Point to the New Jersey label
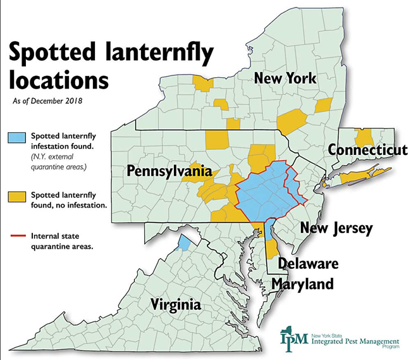tap(336, 228)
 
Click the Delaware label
tap(308, 263)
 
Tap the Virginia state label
tap(176, 306)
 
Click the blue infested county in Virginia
tap(184, 242)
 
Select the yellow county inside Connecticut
tap(364, 137)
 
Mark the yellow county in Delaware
tap(270, 249)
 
